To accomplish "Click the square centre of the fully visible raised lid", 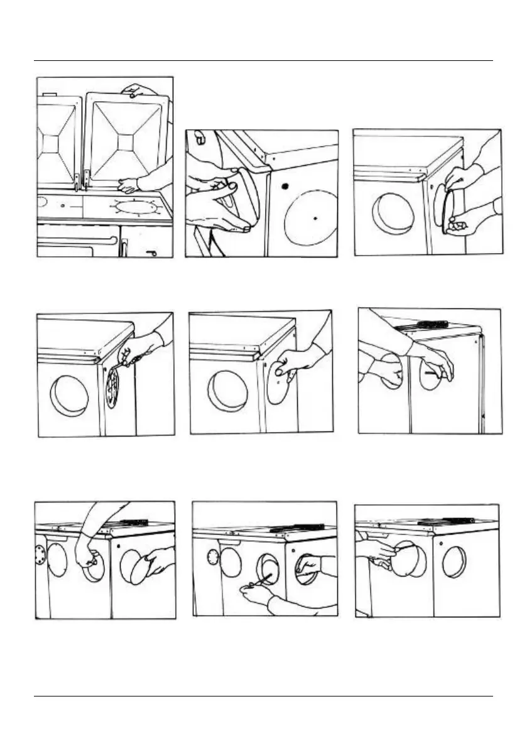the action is [x=127, y=142].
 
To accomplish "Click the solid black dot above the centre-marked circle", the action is [x=285, y=186].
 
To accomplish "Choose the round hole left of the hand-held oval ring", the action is [x=393, y=214].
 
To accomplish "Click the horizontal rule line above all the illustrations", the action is [x=263, y=61].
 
